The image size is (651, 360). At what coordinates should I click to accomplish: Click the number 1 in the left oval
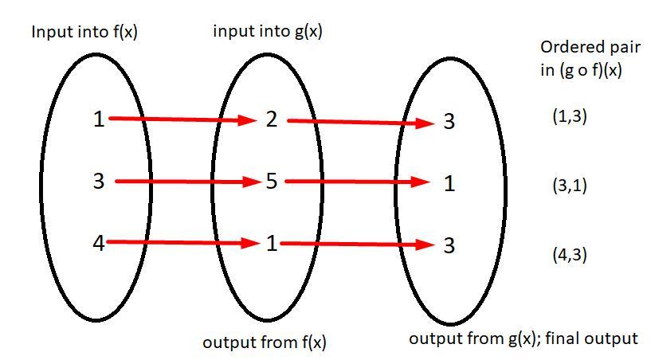click(98, 120)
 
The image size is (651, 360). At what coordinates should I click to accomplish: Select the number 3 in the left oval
click(98, 182)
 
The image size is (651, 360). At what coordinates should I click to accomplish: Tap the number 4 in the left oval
click(99, 243)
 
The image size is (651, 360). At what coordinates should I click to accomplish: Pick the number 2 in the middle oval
click(272, 120)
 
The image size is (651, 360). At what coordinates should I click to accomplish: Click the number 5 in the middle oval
click(272, 182)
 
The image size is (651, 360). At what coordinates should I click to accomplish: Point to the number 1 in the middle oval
click(272, 244)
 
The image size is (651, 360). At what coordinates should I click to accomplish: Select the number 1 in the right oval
click(449, 184)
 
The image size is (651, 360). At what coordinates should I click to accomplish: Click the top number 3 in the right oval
click(449, 122)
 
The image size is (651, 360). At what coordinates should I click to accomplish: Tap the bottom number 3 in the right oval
click(449, 245)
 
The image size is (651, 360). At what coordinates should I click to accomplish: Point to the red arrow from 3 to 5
click(188, 182)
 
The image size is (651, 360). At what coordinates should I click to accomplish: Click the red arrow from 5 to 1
click(359, 182)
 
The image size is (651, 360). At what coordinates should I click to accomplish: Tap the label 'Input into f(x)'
click(84, 33)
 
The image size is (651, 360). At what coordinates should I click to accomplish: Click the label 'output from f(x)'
click(265, 342)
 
